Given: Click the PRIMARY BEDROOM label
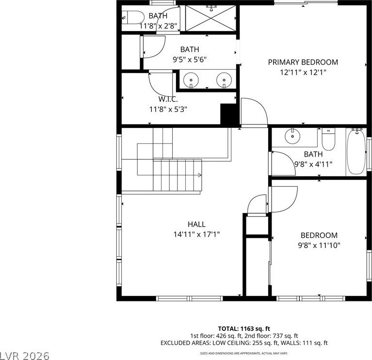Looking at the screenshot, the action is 303,62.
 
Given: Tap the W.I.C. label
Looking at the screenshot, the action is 168,99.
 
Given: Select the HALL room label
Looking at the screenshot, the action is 196,224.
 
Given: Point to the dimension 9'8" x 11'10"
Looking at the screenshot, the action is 319,245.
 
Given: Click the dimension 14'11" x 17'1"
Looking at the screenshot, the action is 196,235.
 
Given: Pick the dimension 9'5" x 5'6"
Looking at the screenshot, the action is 190,59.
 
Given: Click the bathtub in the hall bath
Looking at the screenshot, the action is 356,152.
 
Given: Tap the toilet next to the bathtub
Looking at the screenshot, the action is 328,140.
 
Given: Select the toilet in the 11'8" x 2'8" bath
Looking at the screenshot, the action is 133,17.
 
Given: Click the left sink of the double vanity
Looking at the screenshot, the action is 191,80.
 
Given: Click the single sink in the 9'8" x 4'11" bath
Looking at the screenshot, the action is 292,136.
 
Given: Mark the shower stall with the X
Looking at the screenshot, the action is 210,18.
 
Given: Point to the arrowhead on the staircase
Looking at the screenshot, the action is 200,175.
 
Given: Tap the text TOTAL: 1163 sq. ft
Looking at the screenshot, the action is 244,329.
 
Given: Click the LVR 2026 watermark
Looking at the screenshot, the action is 25,356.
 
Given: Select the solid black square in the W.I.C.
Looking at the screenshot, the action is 229,114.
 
